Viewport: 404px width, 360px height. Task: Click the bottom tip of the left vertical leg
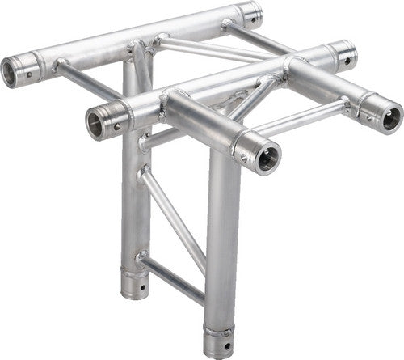pos(135,294)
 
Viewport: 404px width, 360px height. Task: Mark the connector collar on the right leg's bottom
pos(219,331)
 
